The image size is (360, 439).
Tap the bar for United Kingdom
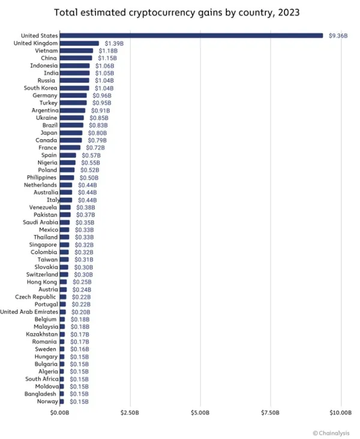click(79, 43)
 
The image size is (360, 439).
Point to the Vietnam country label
click(46, 51)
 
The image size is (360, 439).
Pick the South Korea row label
click(40, 88)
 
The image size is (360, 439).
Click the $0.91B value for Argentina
click(100, 110)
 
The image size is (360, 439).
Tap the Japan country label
click(49, 133)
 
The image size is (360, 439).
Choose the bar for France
click(70, 148)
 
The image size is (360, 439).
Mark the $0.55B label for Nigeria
click(91, 163)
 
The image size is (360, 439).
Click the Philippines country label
click(41, 178)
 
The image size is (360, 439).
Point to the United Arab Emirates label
click(29, 312)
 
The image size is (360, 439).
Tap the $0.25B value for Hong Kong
click(82, 282)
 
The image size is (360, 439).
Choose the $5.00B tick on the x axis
click(200, 413)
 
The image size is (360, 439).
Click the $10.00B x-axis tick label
click(341, 413)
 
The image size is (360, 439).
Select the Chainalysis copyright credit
click(333, 432)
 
